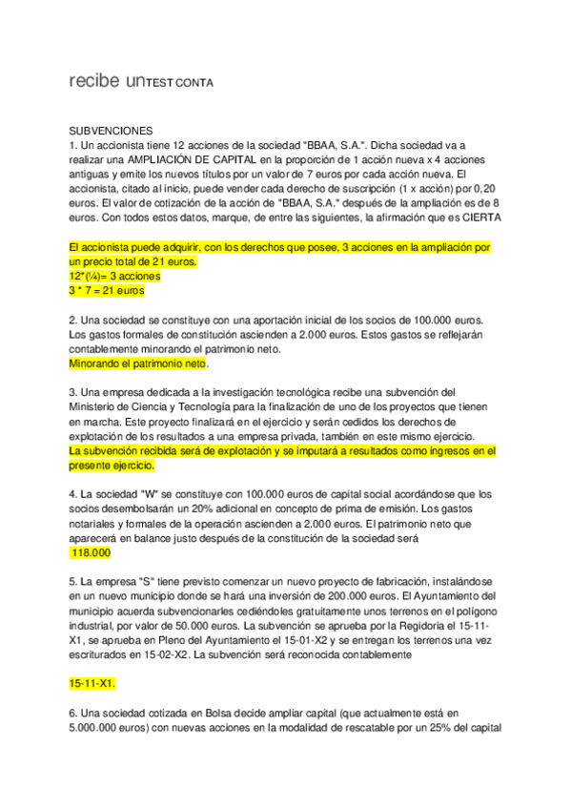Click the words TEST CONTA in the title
pyautogui.click(x=179, y=84)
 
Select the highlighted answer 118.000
pyautogui.click(x=92, y=552)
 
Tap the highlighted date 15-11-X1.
pyautogui.click(x=92, y=684)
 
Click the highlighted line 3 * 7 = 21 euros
pyautogui.click(x=114, y=289)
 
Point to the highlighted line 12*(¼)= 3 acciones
pyautogui.click(x=114, y=276)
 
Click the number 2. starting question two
pyautogui.click(x=73, y=320)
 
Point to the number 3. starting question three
pyautogui.click(x=73, y=392)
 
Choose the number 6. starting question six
pyautogui.click(x=73, y=714)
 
